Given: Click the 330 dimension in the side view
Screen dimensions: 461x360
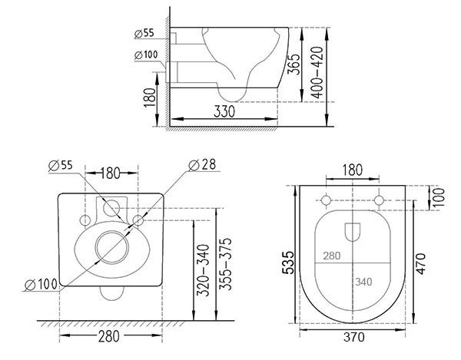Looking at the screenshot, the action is [x=224, y=111].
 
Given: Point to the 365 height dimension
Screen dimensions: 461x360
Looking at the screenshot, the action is [x=294, y=64].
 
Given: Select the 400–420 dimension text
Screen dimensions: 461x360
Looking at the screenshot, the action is [x=317, y=72].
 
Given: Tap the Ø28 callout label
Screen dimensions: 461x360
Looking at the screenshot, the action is [x=202, y=165].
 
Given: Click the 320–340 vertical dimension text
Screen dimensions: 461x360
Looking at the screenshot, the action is [x=203, y=270].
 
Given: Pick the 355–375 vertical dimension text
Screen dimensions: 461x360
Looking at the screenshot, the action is [x=225, y=264].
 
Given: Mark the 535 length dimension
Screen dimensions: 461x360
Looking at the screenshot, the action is [x=288, y=263].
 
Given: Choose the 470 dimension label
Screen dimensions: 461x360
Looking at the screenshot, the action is [x=421, y=264].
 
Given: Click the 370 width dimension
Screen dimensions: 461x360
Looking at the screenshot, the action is [x=353, y=337].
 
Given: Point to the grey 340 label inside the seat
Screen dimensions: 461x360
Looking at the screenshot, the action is [x=363, y=282].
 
